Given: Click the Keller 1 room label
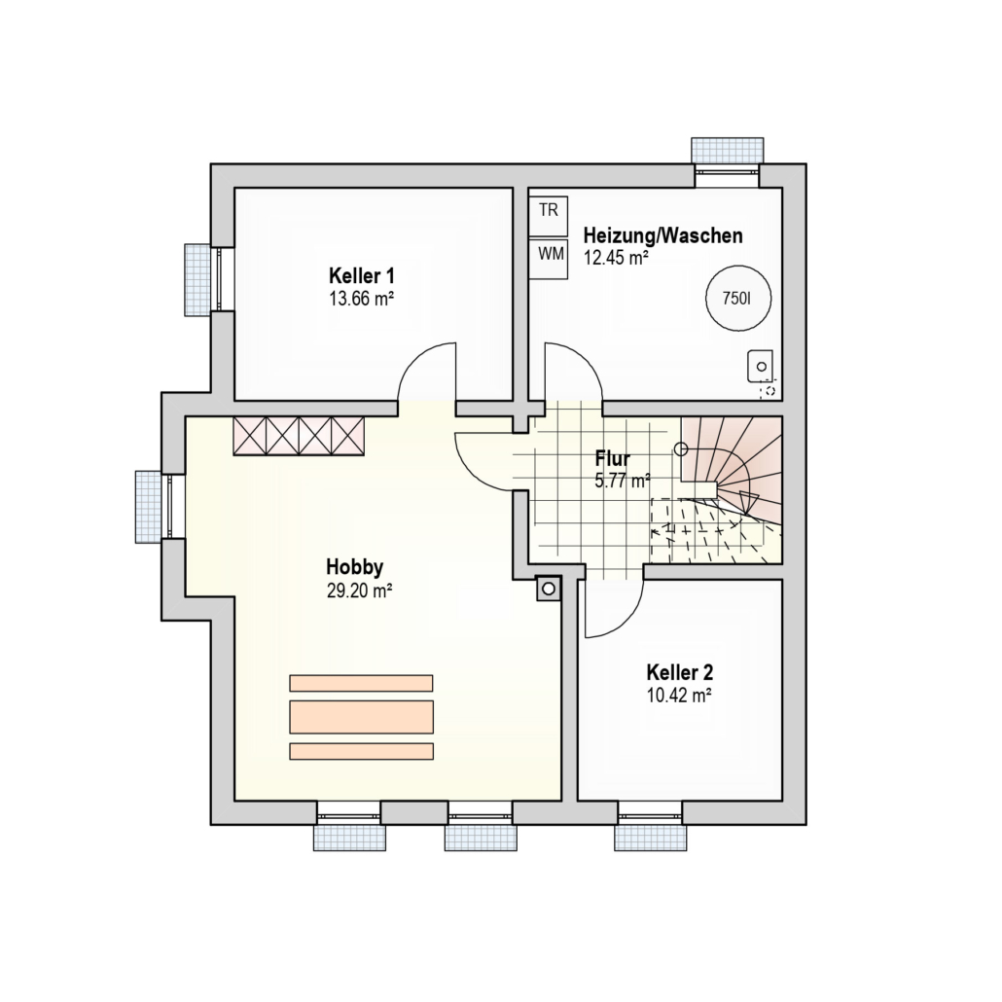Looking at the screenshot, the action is pyautogui.click(x=361, y=276).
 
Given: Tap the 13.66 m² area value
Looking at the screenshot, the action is pyautogui.click(x=361, y=299).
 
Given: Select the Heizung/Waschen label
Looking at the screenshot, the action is pyautogui.click(x=662, y=235).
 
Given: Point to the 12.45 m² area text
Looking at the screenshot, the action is pyautogui.click(x=616, y=257).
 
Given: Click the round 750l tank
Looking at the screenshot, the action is pyautogui.click(x=737, y=299).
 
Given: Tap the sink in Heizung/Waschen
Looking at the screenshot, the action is pyautogui.click(x=761, y=367).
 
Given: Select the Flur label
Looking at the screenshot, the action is pyautogui.click(x=612, y=459).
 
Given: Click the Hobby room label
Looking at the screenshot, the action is pyautogui.click(x=355, y=567).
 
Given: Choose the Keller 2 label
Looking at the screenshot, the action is pyautogui.click(x=680, y=672).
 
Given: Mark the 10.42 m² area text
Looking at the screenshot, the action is pyautogui.click(x=680, y=696).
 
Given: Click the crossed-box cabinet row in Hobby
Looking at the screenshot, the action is pyautogui.click(x=299, y=437).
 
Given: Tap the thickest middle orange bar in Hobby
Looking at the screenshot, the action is pyautogui.click(x=361, y=717).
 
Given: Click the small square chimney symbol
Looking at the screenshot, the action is pyautogui.click(x=549, y=588).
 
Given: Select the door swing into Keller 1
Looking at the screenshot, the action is pyautogui.click(x=427, y=372).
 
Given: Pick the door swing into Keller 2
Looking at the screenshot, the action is pyautogui.click(x=614, y=608).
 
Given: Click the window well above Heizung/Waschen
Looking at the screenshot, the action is pyautogui.click(x=728, y=150).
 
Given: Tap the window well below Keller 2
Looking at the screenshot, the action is pyautogui.click(x=651, y=838).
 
